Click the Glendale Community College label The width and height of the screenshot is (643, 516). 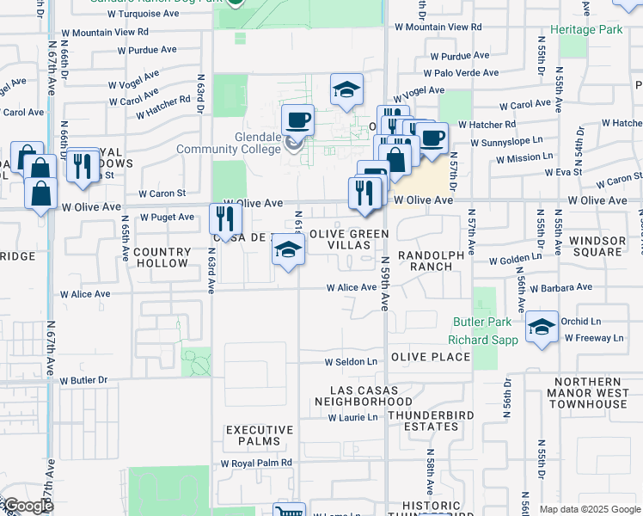point(229,143)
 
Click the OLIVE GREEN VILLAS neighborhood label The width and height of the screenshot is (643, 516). point(349,239)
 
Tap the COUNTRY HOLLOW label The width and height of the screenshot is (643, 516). point(162,257)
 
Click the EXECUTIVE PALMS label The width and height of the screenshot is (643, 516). point(260,435)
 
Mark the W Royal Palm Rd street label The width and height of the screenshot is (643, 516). point(256,463)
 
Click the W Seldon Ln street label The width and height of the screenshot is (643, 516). point(351,362)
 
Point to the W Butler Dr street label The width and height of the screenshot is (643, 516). point(83,379)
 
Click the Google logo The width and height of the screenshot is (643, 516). point(28,507)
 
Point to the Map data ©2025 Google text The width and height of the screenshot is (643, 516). point(589,509)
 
